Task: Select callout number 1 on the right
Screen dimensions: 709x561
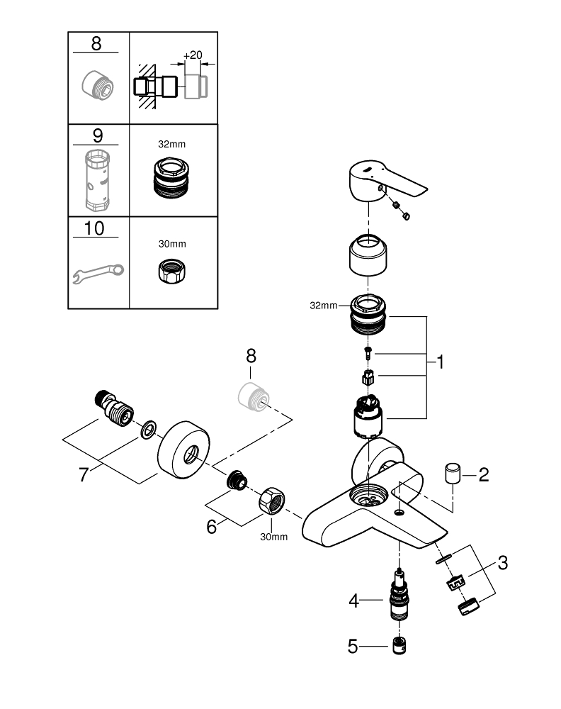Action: click(440, 362)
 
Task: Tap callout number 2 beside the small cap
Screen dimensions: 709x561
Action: click(484, 474)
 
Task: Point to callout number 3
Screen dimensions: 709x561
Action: click(502, 564)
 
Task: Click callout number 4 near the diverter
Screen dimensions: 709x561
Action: click(355, 601)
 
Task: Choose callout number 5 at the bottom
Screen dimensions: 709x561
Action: click(355, 646)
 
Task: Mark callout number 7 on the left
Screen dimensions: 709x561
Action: click(84, 474)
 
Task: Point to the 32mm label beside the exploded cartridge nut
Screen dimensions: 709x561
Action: click(324, 306)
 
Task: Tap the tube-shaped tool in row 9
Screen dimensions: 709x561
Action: click(97, 180)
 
